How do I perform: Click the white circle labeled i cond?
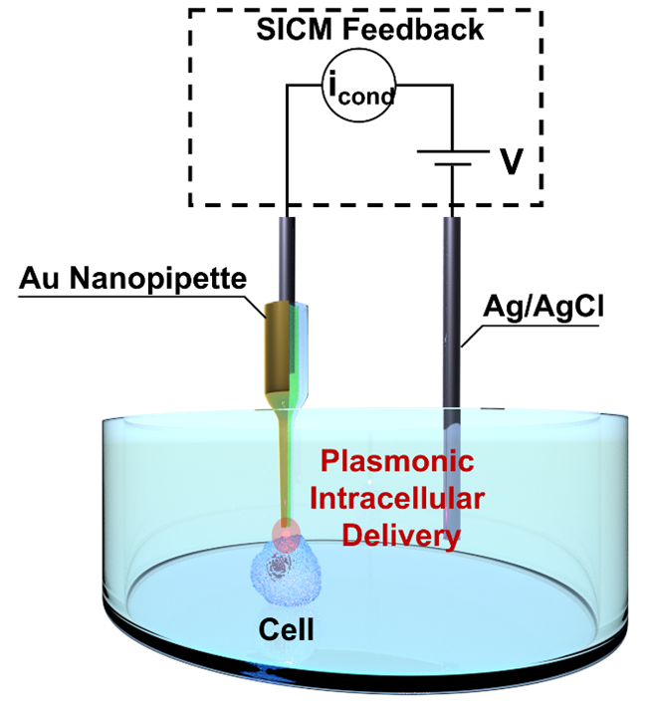360,89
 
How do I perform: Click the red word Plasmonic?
396,462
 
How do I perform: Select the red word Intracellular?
395,499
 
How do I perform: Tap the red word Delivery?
401,536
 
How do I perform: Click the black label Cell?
286,629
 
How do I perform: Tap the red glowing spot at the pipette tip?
287,537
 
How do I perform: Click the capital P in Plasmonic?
329,462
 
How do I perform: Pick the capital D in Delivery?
353,536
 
